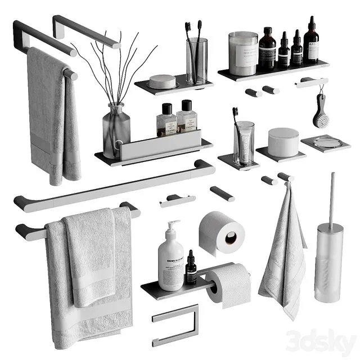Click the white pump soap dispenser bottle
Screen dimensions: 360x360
pyautogui.click(x=170, y=264)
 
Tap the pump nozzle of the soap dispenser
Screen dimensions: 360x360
pyautogui.click(x=174, y=224)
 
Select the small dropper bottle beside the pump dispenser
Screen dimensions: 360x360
pyautogui.click(x=191, y=269)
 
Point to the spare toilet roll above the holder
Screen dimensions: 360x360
pyautogui.click(x=221, y=231)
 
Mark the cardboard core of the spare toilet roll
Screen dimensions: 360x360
pyautogui.click(x=231, y=238)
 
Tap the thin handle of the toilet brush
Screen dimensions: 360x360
pyautogui.click(x=331, y=197)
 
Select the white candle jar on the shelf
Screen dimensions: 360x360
pyautogui.click(x=243, y=53)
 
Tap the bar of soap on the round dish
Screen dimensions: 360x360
pyautogui.click(x=163, y=82)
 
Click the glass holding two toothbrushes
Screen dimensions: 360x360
pyautogui.click(x=196, y=61)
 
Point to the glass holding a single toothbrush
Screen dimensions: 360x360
pyautogui.click(x=244, y=143)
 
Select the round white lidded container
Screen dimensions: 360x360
pyautogui.click(x=283, y=142)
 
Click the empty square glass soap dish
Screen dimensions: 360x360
pyautogui.click(x=325, y=143)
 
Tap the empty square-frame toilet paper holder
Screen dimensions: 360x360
pyautogui.click(x=175, y=325)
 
